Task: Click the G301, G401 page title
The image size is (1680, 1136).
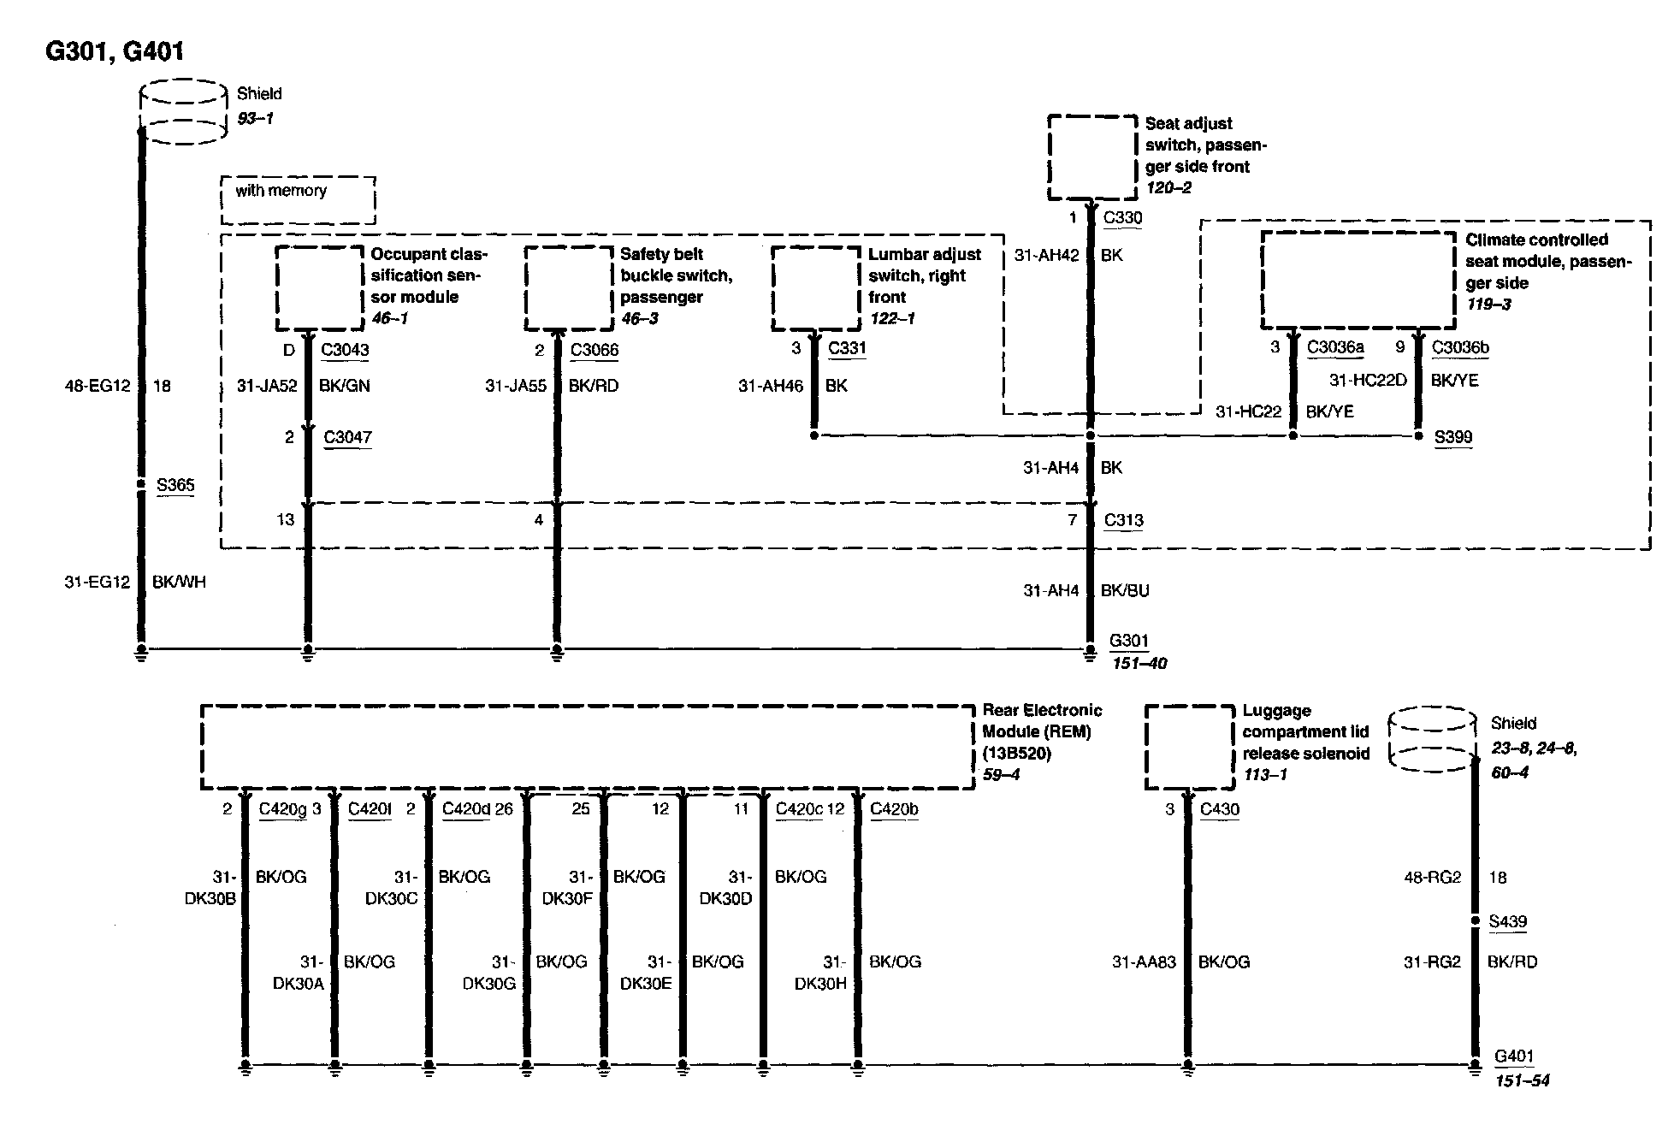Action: pos(114,51)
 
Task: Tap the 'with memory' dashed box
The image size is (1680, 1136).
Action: pos(298,199)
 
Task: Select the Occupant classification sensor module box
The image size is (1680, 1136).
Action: pos(319,288)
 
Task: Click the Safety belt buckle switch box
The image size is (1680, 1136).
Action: pos(568,288)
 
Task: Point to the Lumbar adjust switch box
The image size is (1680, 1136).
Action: pos(815,288)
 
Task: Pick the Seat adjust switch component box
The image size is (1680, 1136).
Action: pos(1093,158)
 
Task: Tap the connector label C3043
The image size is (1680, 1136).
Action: pos(345,350)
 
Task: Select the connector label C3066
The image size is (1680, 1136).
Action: pos(595,350)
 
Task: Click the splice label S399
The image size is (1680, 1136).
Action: pos(1453,437)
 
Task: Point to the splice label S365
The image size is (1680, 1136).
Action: pos(175,485)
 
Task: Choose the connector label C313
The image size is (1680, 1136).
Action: pos(1123,520)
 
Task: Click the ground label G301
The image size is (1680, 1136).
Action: pos(1128,641)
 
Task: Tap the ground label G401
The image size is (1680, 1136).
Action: pos(1513,1056)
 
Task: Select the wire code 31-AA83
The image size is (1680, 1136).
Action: pos(1144,962)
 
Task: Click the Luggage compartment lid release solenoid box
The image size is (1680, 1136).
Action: pos(1189,747)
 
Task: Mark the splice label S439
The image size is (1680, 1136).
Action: pos(1507,921)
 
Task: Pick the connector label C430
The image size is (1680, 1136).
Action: pos(1219,809)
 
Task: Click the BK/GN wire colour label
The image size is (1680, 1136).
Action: pos(344,386)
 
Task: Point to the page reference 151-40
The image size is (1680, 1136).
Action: pos(1138,663)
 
